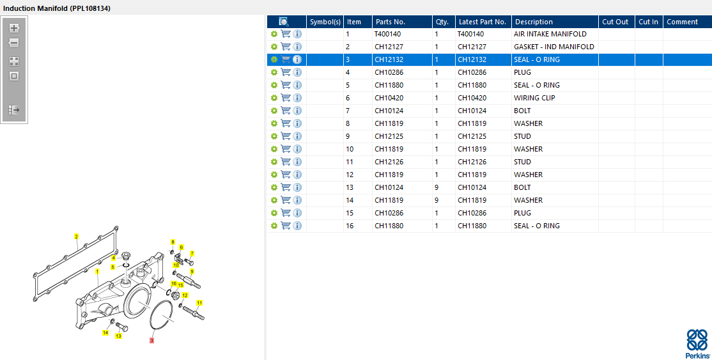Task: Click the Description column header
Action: tap(534, 22)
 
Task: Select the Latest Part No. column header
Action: tap(483, 22)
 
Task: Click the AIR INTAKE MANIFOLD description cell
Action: tap(550, 34)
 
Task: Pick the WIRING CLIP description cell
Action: tap(534, 98)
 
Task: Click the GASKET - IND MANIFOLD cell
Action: tap(553, 47)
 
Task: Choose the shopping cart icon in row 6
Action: tap(286, 98)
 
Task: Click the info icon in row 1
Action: tap(297, 34)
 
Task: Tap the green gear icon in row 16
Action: tap(274, 226)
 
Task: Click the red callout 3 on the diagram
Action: tap(151, 341)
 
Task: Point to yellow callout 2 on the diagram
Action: tap(76, 237)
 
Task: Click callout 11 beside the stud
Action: tap(199, 302)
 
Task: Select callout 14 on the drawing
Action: tap(105, 333)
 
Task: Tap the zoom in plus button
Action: tap(14, 28)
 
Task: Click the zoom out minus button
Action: tap(14, 43)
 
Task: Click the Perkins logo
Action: tap(697, 344)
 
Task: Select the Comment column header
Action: tap(682, 22)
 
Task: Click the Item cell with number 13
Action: tap(349, 187)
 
